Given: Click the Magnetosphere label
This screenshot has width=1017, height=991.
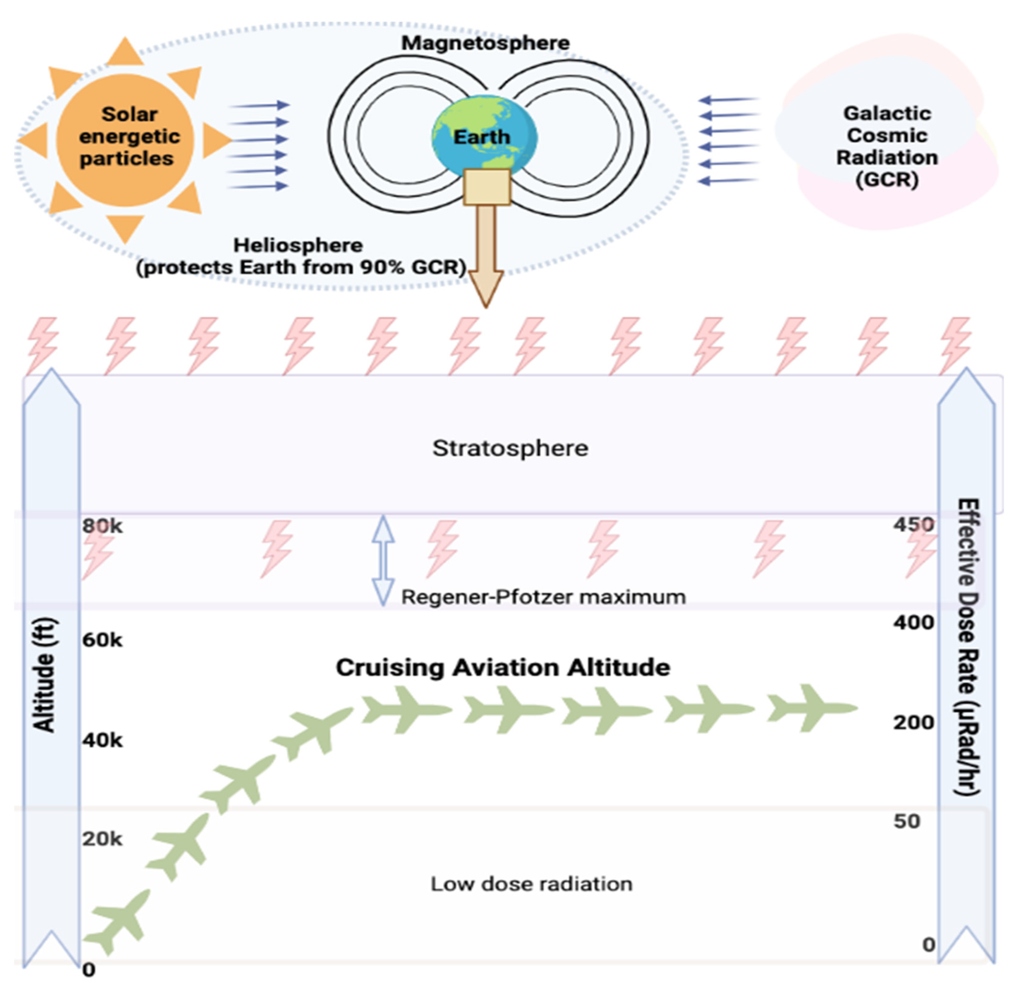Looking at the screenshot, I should [485, 43].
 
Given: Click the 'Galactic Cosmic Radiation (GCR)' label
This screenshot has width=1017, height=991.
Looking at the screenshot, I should [887, 146].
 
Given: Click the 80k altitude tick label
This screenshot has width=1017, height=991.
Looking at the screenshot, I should [102, 526].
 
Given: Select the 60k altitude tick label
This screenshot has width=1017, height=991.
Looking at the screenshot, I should [102, 640].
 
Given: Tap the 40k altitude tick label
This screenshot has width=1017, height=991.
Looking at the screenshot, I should [102, 740].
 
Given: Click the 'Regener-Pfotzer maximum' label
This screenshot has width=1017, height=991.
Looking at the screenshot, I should [543, 597].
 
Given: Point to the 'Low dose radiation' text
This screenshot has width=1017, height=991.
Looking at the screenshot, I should [531, 884].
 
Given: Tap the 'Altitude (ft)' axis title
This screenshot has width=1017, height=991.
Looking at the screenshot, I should [45, 675].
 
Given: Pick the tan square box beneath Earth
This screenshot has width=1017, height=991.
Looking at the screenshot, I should [486, 187].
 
